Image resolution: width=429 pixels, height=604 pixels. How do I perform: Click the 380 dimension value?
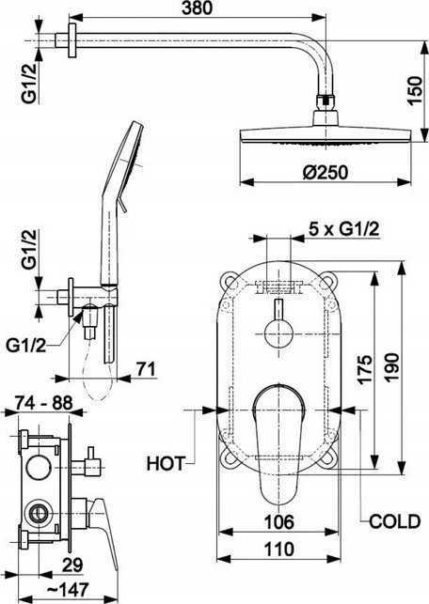[x=198, y=8]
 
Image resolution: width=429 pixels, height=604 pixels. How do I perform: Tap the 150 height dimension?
[x=416, y=91]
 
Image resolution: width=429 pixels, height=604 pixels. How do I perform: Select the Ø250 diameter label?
[x=326, y=172]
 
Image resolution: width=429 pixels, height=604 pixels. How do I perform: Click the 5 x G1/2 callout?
[x=343, y=229]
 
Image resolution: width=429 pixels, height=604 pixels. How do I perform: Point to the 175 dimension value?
[x=364, y=369]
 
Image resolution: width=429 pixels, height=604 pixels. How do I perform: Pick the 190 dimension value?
[x=392, y=367]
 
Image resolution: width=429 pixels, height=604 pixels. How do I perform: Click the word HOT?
[x=166, y=463]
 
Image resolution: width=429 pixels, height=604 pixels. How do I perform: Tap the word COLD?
[x=394, y=521]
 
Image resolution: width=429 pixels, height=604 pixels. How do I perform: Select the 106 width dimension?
[x=278, y=522]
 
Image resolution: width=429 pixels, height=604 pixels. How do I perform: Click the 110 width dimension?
[x=278, y=549]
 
